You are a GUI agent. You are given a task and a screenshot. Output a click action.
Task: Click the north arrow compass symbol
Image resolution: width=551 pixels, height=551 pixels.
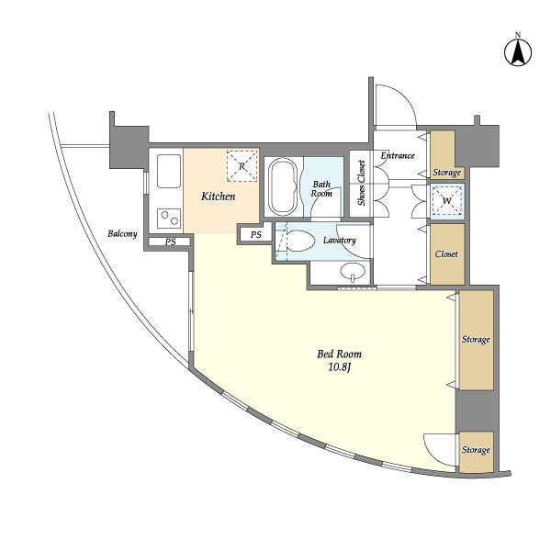click(518, 52)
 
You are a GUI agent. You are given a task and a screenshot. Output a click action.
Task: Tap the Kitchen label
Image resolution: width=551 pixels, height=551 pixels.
click(219, 197)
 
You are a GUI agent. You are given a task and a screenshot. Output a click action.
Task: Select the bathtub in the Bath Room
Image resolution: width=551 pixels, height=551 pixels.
click(283, 187)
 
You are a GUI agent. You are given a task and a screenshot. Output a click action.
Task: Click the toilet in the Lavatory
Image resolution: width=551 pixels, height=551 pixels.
click(299, 241)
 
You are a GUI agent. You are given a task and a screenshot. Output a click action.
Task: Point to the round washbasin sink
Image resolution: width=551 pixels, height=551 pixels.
click(353, 271)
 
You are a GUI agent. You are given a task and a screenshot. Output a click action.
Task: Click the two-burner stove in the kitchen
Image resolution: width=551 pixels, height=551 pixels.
click(169, 219)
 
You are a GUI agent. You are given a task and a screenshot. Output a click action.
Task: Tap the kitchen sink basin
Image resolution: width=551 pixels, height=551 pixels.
click(169, 171)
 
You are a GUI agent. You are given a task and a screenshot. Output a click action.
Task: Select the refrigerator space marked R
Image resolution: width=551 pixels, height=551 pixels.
click(242, 166)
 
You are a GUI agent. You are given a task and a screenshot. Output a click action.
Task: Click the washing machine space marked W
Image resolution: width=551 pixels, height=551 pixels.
click(446, 200)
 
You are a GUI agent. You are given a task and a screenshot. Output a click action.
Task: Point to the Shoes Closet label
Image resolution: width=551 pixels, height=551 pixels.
click(361, 183)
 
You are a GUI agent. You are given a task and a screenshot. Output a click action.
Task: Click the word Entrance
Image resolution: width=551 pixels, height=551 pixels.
click(398, 155)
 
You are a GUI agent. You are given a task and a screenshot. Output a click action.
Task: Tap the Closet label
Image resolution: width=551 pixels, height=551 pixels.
click(446, 253)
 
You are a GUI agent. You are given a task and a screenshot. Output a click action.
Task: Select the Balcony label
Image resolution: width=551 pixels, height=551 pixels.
click(122, 233)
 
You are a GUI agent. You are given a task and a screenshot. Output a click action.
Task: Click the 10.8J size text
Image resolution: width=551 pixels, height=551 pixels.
click(340, 367)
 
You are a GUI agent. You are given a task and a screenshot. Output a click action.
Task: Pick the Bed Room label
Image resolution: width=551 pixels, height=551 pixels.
click(339, 354)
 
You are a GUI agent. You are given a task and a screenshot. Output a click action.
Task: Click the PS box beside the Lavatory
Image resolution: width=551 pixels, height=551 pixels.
click(256, 234)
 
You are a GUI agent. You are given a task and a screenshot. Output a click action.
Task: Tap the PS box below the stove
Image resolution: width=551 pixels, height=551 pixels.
click(170, 242)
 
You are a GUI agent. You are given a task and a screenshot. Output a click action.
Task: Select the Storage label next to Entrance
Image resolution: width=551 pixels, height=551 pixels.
click(446, 173)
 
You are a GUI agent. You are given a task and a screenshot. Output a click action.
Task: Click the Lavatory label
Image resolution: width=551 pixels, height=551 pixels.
click(340, 241)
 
